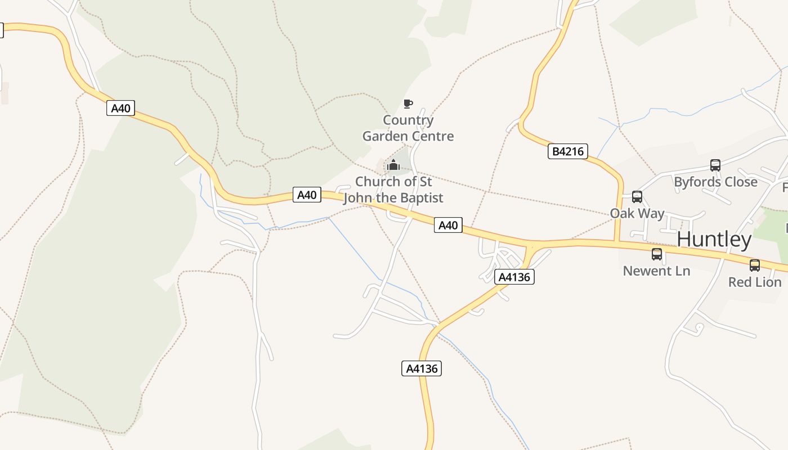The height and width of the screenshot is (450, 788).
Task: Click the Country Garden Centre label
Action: click(408, 128)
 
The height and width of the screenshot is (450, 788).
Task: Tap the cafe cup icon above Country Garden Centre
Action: click(408, 103)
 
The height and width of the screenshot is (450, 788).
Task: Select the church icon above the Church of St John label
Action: click(393, 165)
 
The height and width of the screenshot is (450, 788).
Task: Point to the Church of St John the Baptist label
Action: click(393, 190)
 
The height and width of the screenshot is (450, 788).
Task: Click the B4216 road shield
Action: click(568, 151)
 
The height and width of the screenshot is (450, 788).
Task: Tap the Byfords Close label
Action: click(715, 182)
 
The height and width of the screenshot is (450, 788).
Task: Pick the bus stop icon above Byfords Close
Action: click(715, 165)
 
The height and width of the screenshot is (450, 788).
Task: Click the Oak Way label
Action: click(637, 214)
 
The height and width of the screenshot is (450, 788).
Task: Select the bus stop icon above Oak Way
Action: click(637, 197)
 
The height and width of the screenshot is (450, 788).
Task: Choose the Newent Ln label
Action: click(656, 271)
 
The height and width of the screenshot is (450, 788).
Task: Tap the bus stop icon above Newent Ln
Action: click(657, 254)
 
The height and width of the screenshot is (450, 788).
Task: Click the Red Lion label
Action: click(755, 282)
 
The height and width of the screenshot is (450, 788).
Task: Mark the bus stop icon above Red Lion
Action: click(755, 265)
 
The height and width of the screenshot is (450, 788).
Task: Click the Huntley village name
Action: click(714, 240)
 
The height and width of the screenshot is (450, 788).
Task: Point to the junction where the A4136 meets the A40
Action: click(531, 246)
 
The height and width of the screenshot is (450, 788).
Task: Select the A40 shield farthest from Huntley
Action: click(121, 108)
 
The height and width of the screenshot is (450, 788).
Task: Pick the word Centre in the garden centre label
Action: click(433, 136)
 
